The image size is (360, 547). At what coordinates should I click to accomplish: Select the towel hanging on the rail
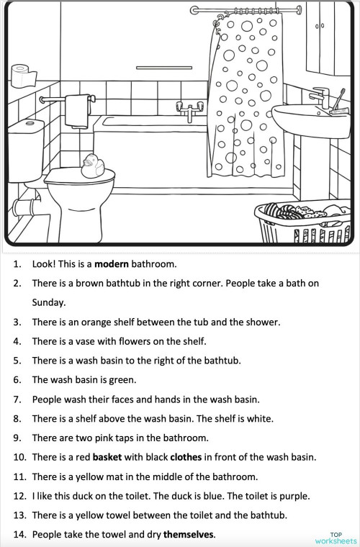pyautogui.click(x=76, y=112)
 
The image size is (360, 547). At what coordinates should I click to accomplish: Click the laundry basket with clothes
pyautogui.click(x=303, y=222)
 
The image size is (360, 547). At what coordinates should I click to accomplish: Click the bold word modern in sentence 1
pyautogui.click(x=112, y=264)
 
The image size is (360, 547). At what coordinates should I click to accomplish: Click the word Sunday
pyautogui.click(x=48, y=302)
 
